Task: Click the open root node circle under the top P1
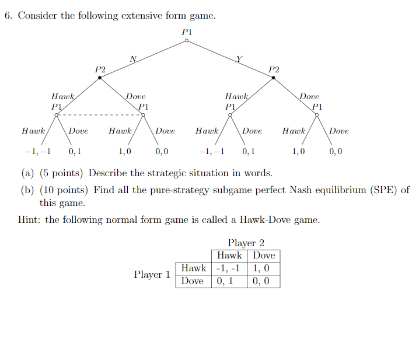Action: click(186, 41)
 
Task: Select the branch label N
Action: click(132, 58)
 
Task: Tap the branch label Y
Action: click(239, 58)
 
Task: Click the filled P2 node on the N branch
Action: click(100, 78)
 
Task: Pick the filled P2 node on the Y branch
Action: click(273, 78)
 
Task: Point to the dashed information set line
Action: click(100, 114)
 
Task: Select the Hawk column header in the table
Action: click(229, 256)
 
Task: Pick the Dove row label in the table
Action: click(193, 281)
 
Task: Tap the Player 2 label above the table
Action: click(246, 243)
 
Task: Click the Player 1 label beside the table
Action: click(152, 274)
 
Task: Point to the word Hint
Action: click(30, 220)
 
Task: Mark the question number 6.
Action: click(8, 15)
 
